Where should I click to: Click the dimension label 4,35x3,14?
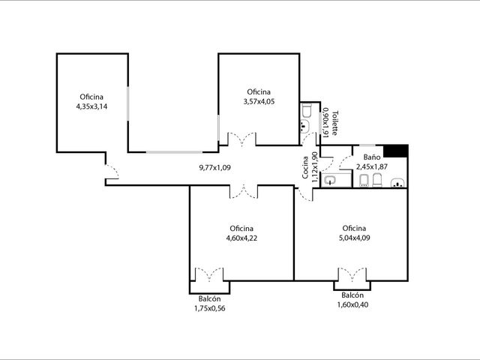91,106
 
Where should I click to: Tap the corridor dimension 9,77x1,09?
214,167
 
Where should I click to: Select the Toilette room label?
335,123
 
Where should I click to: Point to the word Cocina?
305,167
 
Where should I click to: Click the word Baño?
372,157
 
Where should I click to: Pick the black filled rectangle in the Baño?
395,151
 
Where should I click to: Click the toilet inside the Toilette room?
307,110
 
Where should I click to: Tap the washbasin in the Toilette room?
304,126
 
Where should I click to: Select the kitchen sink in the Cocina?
330,180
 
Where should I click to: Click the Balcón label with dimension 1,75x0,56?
209,298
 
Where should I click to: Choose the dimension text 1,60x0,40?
352,304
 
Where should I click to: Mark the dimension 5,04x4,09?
354,238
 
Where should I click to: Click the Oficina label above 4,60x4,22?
241,228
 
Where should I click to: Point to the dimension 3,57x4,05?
259,102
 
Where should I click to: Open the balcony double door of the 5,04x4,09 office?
352,274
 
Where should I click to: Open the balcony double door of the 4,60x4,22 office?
209,274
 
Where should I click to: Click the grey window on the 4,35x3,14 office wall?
128,103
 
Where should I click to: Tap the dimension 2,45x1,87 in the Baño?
372,166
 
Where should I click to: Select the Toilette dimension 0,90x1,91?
325,122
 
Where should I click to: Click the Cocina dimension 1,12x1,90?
315,167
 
